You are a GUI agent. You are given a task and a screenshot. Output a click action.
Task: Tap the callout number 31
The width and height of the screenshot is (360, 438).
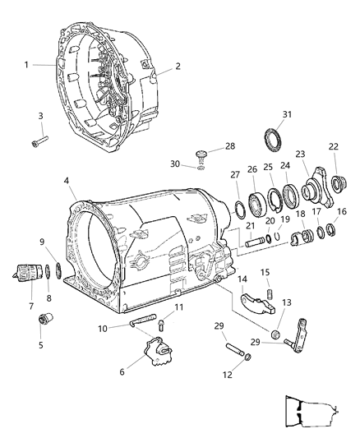pyautogui.click(x=288, y=113)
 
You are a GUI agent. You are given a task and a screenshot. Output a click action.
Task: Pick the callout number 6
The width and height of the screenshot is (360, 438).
pyautogui.click(x=122, y=371)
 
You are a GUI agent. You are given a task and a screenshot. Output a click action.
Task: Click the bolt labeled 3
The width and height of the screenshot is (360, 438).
pyautogui.click(x=39, y=145)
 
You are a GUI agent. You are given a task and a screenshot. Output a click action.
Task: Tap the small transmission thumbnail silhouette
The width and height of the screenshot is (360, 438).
pyautogui.click(x=308, y=413)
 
